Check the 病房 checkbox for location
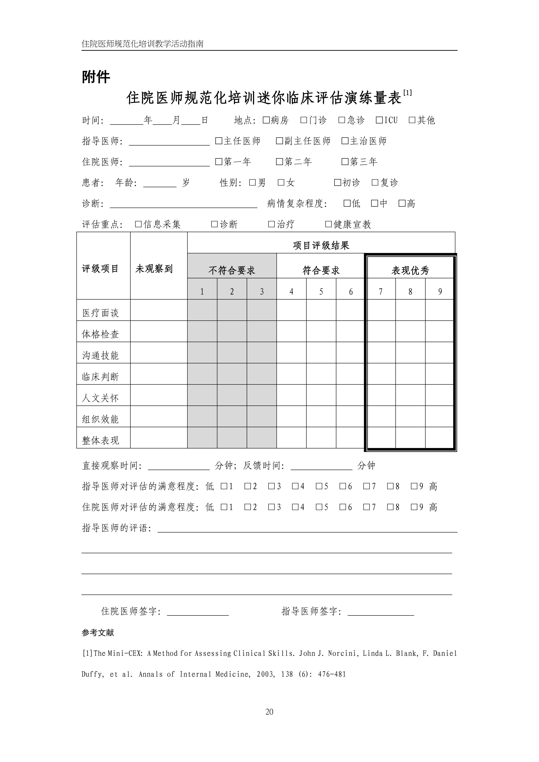(x=266, y=120)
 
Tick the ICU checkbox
(x=379, y=120)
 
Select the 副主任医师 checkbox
(x=279, y=141)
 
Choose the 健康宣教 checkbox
(x=328, y=224)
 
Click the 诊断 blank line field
(x=184, y=204)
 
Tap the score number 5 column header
(x=321, y=291)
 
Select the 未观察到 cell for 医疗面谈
(x=159, y=310)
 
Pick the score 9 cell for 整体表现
(x=439, y=437)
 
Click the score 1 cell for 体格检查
(x=202, y=331)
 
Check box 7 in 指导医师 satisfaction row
(x=366, y=486)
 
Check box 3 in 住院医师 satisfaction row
(x=271, y=507)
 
